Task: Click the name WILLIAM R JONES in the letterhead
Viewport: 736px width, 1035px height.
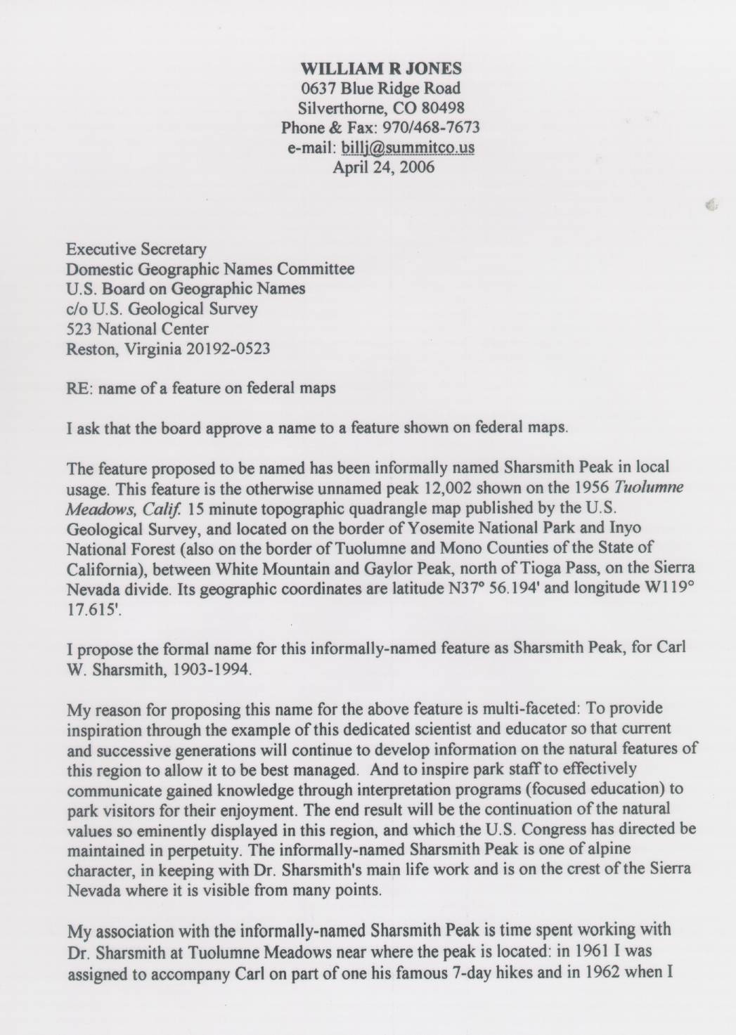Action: [x=381, y=68]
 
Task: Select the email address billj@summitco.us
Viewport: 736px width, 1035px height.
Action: [x=407, y=148]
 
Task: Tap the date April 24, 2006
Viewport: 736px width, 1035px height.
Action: [x=383, y=167]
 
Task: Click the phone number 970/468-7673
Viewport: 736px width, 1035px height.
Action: [x=436, y=128]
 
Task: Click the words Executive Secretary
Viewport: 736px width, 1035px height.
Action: [x=136, y=249]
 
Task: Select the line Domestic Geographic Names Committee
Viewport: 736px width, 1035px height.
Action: [x=209, y=268]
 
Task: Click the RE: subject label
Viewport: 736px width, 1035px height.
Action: [x=79, y=388]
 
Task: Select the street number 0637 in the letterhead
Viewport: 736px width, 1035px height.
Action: [x=321, y=89]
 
